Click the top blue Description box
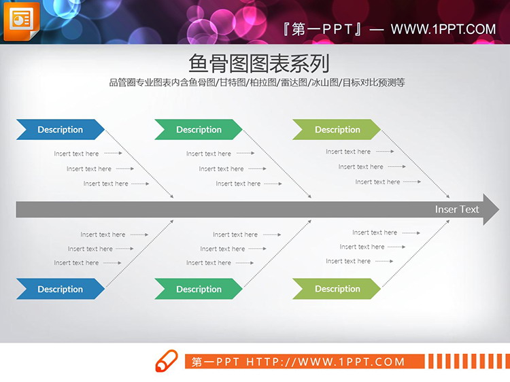60,130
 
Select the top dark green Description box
199,130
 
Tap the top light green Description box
337,130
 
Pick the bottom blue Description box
60,289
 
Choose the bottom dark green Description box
199,289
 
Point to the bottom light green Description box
337,289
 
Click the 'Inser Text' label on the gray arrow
457,209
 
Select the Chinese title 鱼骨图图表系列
258,64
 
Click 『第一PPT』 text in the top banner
322,29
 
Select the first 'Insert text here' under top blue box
76,154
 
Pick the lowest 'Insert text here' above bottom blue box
76,262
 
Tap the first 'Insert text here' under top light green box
348,152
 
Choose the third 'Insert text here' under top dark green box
238,184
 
